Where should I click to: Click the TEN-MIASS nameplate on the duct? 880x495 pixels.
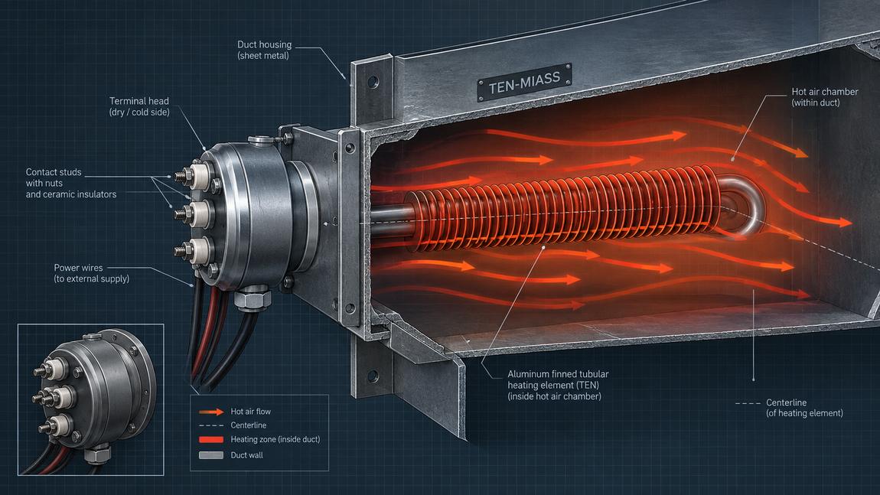click(524, 82)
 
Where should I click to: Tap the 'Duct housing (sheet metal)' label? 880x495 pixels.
click(264, 50)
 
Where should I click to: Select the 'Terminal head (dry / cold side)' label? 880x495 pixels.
click(139, 106)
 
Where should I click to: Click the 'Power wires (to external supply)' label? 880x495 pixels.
click(92, 273)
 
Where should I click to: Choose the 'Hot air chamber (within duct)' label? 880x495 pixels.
click(824, 96)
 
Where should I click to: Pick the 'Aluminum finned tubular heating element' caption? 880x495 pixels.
click(558, 385)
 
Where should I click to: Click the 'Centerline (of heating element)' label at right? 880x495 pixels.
click(804, 408)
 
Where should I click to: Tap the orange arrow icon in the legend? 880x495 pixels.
click(211, 412)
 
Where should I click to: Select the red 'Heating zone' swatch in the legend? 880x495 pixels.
click(211, 439)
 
